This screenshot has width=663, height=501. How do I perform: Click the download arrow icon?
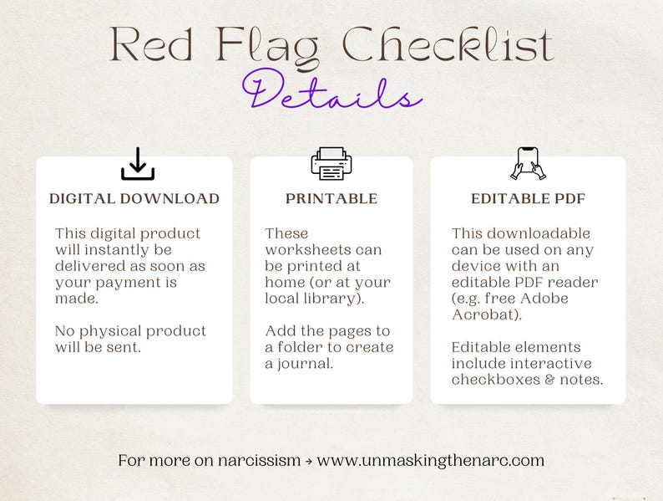click(138, 164)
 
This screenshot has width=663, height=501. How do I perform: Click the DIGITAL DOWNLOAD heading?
click(134, 199)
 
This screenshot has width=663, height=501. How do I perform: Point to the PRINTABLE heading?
click(331, 199)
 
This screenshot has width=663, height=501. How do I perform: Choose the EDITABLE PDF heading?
click(528, 199)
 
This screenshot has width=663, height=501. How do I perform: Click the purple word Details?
click(331, 94)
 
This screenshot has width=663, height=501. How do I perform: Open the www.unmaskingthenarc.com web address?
click(431, 460)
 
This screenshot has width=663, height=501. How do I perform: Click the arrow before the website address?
click(309, 460)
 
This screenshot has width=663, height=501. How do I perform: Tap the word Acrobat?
click(481, 314)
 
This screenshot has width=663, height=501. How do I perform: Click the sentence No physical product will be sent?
click(130, 339)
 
